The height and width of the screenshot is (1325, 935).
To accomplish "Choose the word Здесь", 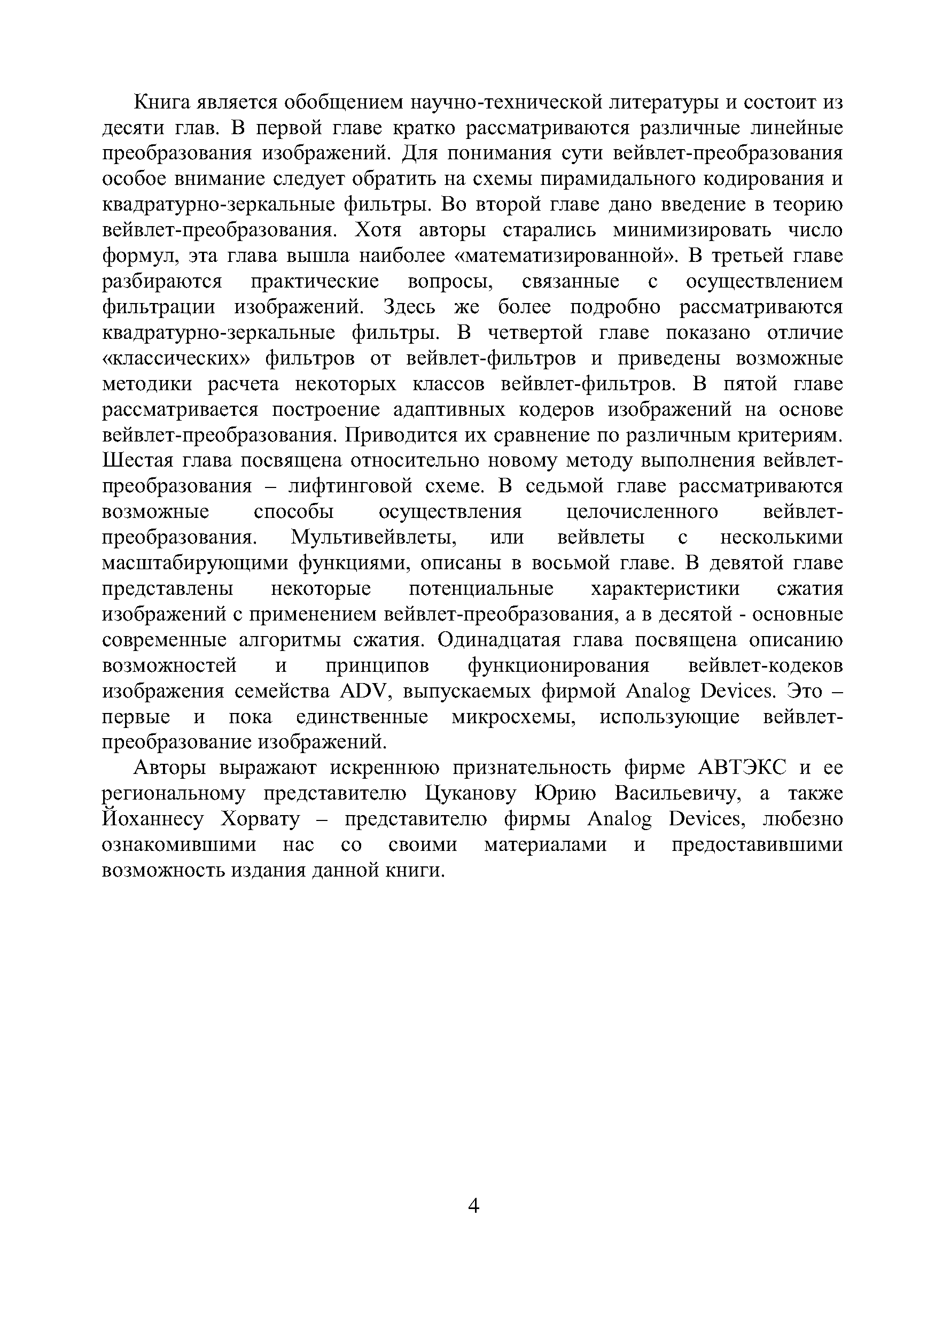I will pos(410,307).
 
